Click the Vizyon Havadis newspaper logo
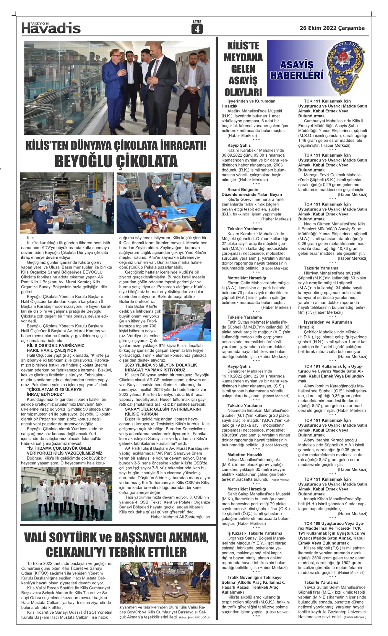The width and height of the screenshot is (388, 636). [x=51, y=28]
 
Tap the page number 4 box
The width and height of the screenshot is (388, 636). [x=197, y=29]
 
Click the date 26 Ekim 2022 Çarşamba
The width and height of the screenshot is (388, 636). [x=332, y=28]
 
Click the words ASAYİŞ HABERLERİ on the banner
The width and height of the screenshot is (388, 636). [x=296, y=70]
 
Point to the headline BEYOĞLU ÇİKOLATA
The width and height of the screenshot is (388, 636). [x=116, y=161]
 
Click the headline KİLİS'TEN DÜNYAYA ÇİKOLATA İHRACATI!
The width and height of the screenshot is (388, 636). [x=116, y=146]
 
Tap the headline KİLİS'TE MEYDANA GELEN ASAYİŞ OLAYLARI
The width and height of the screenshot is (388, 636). [x=243, y=69]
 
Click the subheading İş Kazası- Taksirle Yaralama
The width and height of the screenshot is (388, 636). [x=254, y=533]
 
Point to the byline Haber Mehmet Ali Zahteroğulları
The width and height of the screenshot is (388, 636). [x=180, y=517]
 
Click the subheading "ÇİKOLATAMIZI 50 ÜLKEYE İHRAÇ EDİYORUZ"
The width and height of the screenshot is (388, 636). [x=54, y=392]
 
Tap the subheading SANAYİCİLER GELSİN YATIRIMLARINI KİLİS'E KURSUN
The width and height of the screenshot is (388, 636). [x=163, y=412]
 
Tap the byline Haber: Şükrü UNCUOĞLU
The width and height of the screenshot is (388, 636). [x=194, y=617]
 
